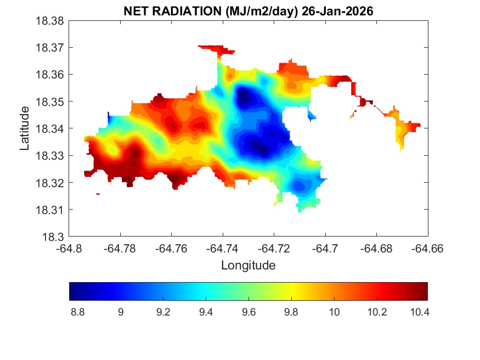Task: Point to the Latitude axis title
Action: click(x=25, y=128)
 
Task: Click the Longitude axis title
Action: click(x=248, y=266)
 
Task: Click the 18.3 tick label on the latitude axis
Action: click(x=55, y=237)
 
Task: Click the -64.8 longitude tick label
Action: click(x=70, y=248)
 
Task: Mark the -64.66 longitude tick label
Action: click(x=428, y=248)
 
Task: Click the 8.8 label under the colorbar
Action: click(x=78, y=312)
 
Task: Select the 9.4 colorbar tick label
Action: click(x=206, y=312)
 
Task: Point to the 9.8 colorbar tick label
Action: click(x=291, y=312)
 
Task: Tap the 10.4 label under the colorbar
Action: click(x=419, y=312)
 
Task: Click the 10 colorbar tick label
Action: click(x=334, y=312)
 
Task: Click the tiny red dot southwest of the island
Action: click(x=98, y=194)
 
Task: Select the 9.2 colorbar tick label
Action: click(x=163, y=312)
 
